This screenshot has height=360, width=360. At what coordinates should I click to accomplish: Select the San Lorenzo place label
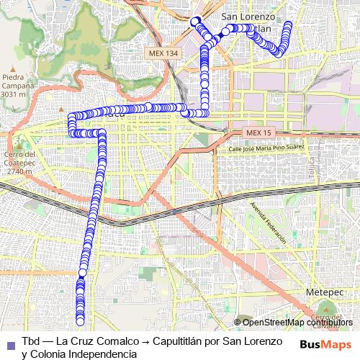tap(248, 17)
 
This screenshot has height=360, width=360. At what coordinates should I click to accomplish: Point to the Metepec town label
tap(322, 294)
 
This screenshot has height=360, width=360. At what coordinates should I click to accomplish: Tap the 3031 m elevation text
tap(15, 94)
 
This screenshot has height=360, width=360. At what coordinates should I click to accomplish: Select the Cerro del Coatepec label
tap(19, 158)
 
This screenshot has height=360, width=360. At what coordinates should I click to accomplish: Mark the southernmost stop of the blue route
tap(80, 321)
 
